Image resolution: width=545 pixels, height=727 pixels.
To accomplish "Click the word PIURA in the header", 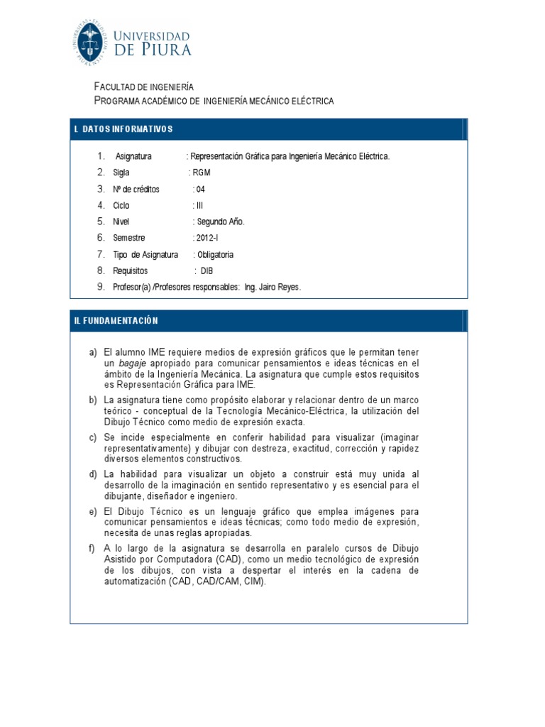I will click(165, 50).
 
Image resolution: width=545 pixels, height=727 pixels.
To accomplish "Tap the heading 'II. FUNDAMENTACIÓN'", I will click(116, 321).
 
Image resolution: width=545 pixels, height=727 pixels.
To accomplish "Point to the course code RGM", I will click(202, 173).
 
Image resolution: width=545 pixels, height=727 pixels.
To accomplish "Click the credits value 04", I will click(200, 189).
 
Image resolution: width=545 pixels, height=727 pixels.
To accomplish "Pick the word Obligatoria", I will click(215, 254).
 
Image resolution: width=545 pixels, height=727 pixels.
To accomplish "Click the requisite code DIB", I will click(207, 270).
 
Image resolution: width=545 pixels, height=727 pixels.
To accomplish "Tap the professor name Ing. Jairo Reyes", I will click(272, 287).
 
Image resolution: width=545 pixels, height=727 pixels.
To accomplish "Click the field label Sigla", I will click(121, 173).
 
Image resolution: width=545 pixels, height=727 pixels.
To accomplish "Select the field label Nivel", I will click(121, 222).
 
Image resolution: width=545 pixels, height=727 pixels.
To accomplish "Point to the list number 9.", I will click(101, 287).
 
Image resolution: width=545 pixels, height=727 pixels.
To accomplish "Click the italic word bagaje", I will click(132, 362).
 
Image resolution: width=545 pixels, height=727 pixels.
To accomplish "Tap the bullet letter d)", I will click(93, 474).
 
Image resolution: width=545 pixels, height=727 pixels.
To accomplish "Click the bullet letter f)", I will click(93, 547).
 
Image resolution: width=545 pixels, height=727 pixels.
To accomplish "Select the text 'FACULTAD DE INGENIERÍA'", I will click(139, 87).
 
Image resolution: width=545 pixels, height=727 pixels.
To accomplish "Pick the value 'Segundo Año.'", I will click(220, 222).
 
